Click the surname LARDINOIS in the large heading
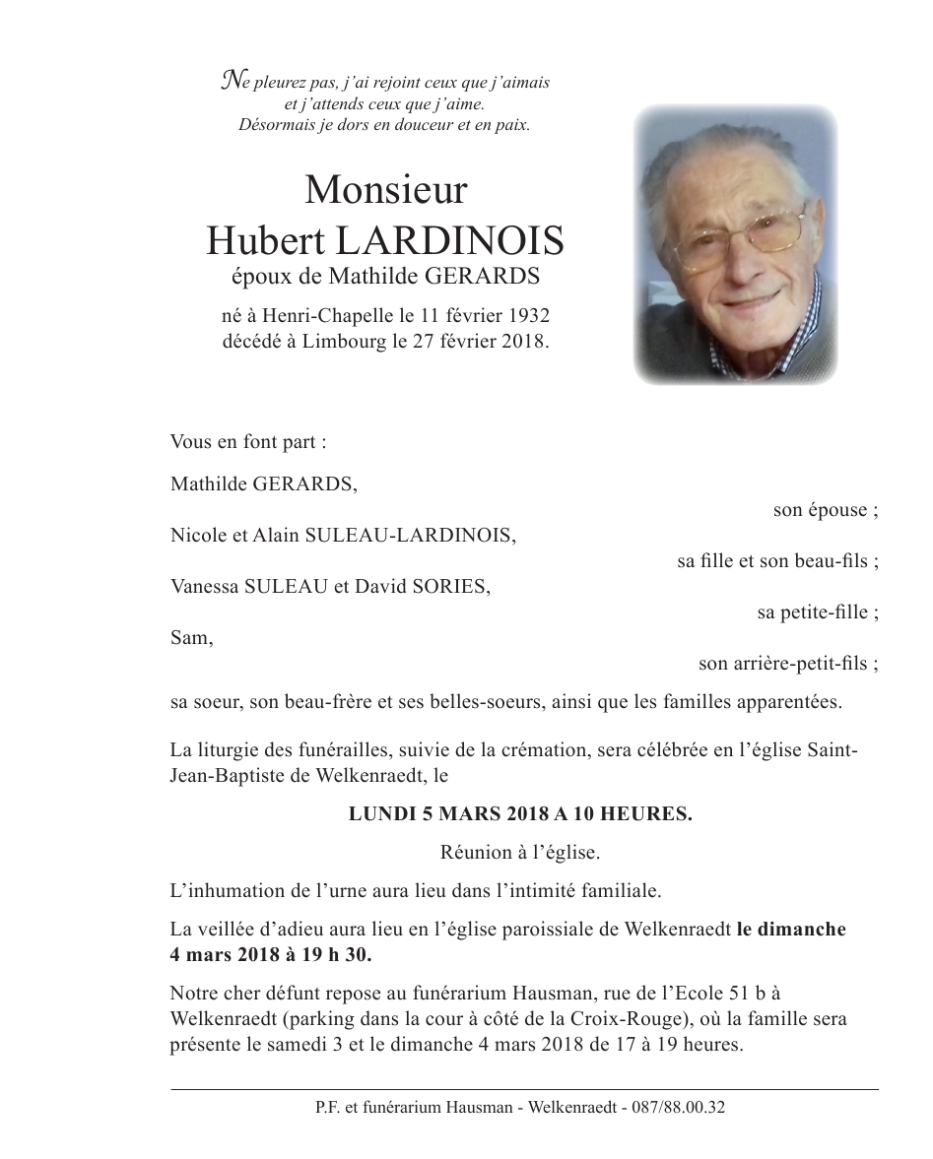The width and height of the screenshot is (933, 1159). (x=452, y=239)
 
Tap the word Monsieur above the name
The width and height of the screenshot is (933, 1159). (x=385, y=189)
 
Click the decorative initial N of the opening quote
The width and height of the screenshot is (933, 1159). (x=231, y=81)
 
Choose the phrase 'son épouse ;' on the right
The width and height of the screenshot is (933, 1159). (x=826, y=510)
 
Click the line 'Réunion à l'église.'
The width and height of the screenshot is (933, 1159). (x=519, y=853)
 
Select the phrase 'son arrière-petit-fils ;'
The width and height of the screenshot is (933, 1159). (x=788, y=664)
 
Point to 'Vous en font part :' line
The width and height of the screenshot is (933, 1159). (x=248, y=442)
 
